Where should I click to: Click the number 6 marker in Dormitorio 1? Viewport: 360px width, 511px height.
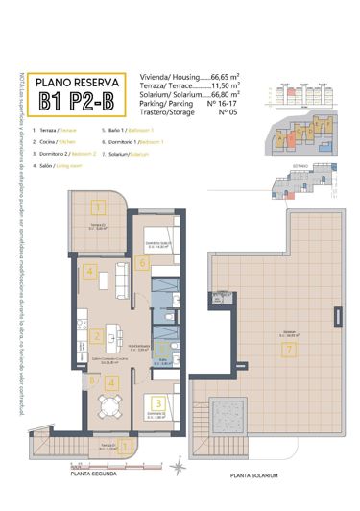143,262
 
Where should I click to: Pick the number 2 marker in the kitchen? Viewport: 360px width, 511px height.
98,336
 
